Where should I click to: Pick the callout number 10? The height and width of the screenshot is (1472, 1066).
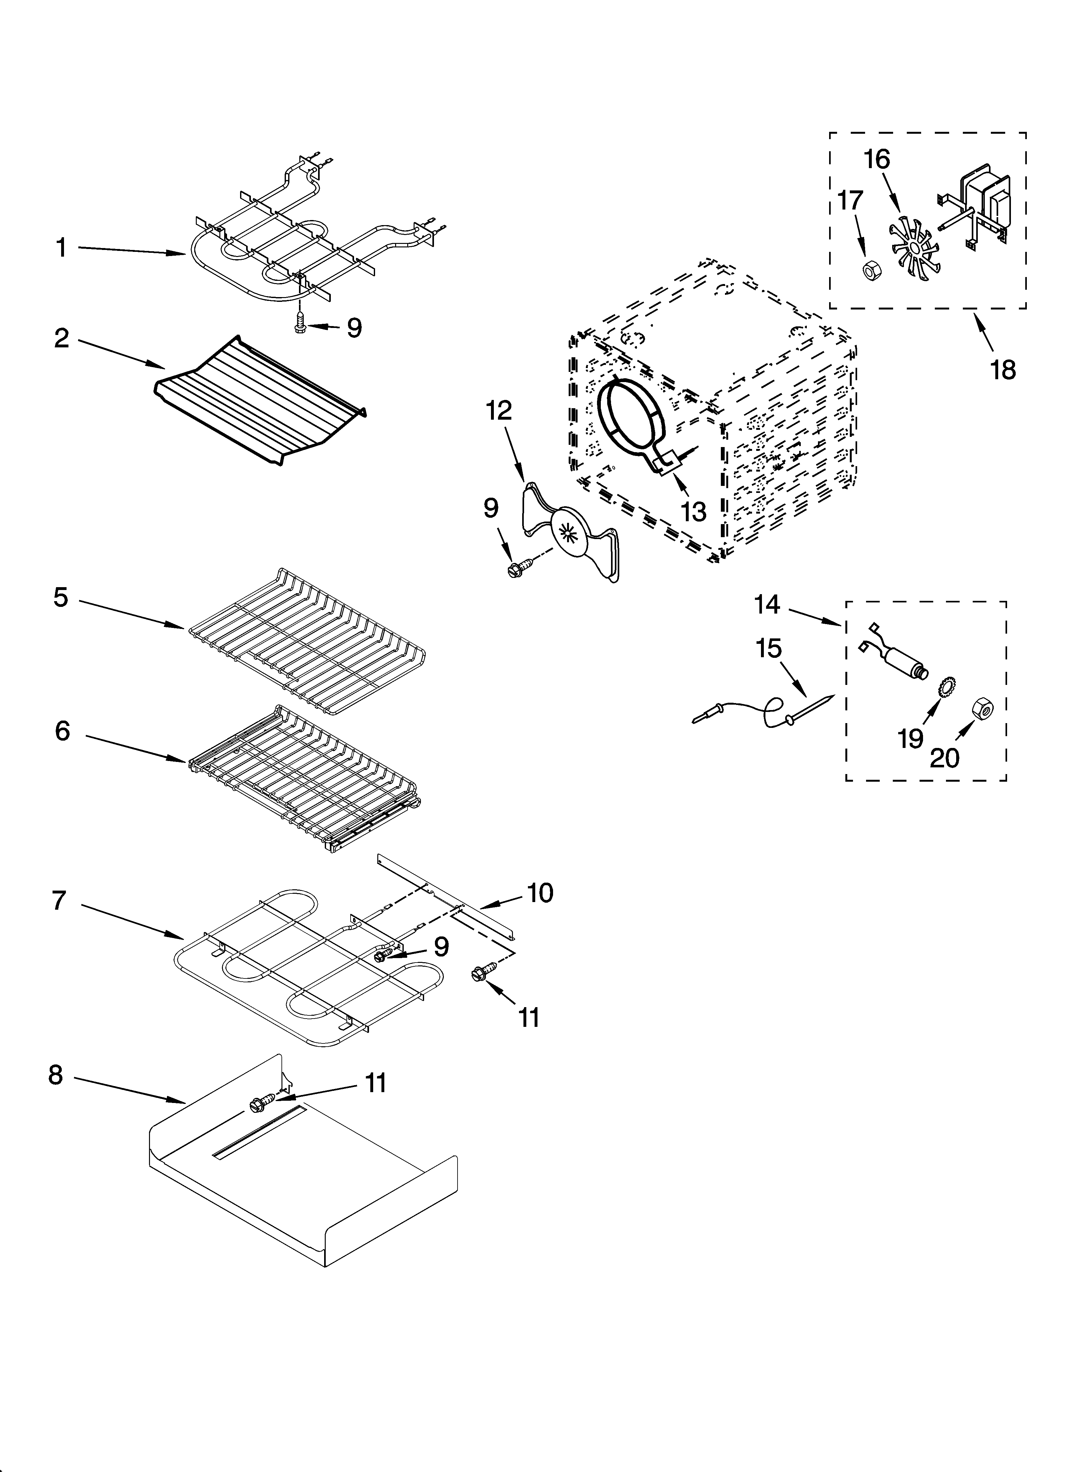click(540, 893)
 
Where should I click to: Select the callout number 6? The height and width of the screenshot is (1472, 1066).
click(62, 731)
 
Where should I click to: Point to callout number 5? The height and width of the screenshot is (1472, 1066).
click(60, 598)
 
